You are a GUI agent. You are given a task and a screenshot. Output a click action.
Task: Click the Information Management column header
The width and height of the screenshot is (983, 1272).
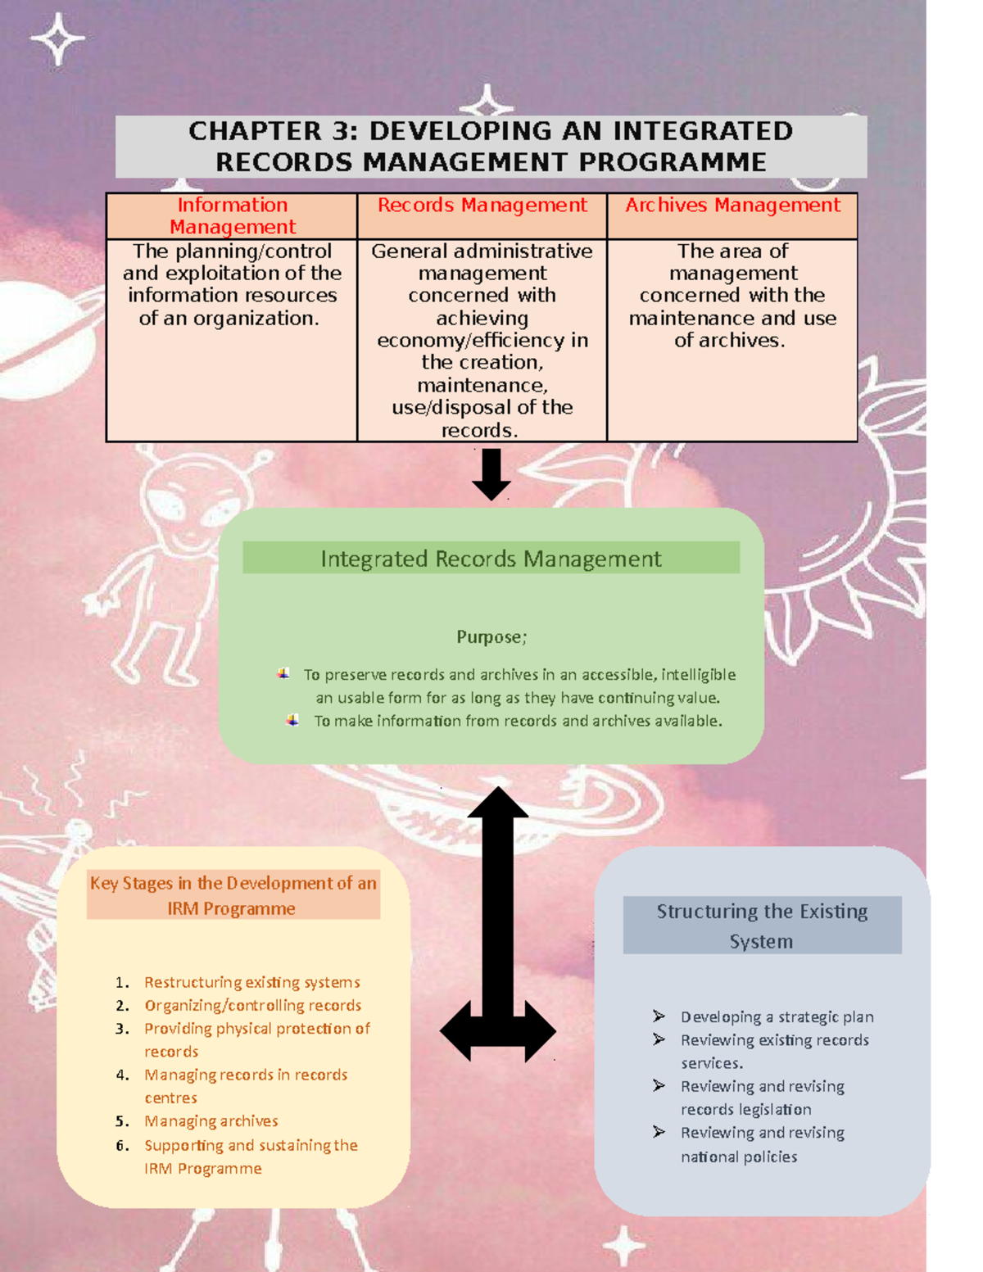(x=232, y=215)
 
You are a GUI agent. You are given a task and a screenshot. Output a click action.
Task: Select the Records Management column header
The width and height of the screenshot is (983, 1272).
(x=482, y=206)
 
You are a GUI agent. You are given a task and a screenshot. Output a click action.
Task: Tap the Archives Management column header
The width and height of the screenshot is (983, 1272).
(x=732, y=206)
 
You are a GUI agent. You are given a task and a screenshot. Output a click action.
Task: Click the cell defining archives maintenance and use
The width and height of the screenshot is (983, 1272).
(x=732, y=296)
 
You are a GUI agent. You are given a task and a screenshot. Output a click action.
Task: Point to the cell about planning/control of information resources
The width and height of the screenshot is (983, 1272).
(x=232, y=285)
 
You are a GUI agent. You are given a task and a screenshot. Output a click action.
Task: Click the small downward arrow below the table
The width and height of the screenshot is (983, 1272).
(x=491, y=476)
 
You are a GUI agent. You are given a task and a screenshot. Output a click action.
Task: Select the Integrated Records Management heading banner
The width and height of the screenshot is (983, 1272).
(x=491, y=559)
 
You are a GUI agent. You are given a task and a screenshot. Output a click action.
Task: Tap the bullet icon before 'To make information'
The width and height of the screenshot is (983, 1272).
(x=292, y=721)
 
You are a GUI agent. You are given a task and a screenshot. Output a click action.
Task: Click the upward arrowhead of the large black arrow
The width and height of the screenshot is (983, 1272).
(x=497, y=803)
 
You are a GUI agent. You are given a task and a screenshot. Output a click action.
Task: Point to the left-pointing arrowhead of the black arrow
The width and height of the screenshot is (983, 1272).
(x=457, y=1031)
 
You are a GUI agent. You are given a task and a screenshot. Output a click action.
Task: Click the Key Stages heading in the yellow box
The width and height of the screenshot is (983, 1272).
(x=233, y=895)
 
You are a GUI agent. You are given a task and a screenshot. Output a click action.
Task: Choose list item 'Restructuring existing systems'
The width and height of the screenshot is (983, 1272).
(x=251, y=982)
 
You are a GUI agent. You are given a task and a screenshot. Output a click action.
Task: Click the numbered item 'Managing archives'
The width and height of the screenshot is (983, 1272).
(x=211, y=1121)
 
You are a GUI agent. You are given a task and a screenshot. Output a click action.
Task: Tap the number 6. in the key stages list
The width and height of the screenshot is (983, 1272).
(x=122, y=1146)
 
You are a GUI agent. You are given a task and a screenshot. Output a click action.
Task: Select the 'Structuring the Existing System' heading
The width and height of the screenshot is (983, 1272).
(x=762, y=926)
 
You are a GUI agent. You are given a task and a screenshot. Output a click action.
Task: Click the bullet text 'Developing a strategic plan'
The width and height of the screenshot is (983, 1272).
(x=777, y=1017)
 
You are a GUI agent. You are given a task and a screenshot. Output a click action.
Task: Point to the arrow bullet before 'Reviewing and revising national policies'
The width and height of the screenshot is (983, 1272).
(x=659, y=1132)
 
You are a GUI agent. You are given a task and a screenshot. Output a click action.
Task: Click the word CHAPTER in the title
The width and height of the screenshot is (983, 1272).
(x=255, y=131)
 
